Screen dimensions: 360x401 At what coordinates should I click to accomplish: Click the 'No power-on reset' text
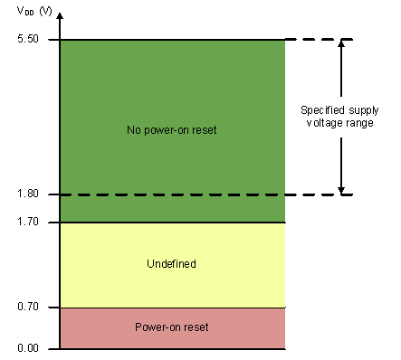[x=172, y=130]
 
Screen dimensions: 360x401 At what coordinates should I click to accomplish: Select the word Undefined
[x=171, y=264]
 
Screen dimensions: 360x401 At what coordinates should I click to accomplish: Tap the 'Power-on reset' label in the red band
[x=171, y=327]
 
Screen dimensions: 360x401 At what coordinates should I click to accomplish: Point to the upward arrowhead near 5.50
[x=341, y=44]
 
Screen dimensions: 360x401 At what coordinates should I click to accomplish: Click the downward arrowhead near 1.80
[x=341, y=189]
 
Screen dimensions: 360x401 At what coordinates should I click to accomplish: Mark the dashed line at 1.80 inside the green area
[x=172, y=194]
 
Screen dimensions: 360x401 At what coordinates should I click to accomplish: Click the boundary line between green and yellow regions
[x=172, y=222]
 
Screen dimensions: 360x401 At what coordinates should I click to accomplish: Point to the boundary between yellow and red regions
[x=172, y=308]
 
